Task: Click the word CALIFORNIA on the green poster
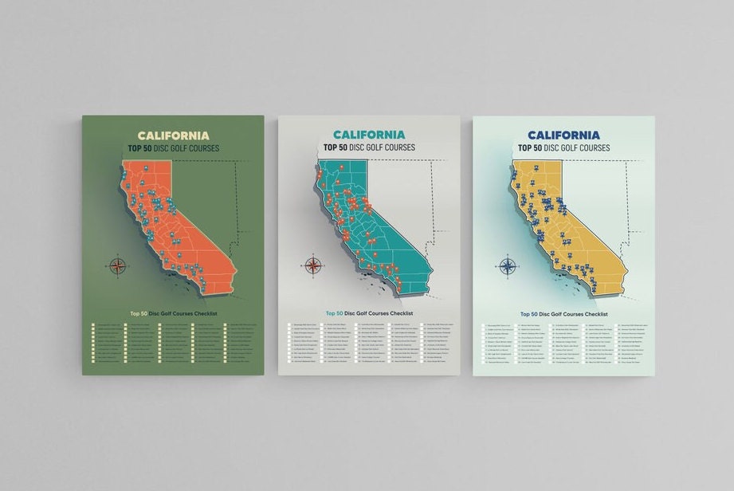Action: (173, 136)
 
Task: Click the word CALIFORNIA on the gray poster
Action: (369, 135)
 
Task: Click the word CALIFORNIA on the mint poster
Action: (563, 135)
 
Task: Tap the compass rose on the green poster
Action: (118, 265)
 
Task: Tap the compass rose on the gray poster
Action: (313, 265)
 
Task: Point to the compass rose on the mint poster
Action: (507, 265)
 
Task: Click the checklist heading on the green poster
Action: (173, 313)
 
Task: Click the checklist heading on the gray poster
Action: (369, 313)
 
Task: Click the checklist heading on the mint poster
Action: (563, 314)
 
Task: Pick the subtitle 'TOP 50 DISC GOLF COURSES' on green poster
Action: (173, 148)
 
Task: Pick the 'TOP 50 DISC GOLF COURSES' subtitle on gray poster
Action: (369, 147)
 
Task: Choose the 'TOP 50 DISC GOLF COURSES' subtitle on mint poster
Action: (563, 147)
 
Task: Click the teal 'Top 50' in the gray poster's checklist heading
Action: (334, 313)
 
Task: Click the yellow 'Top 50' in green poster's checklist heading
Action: (139, 313)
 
